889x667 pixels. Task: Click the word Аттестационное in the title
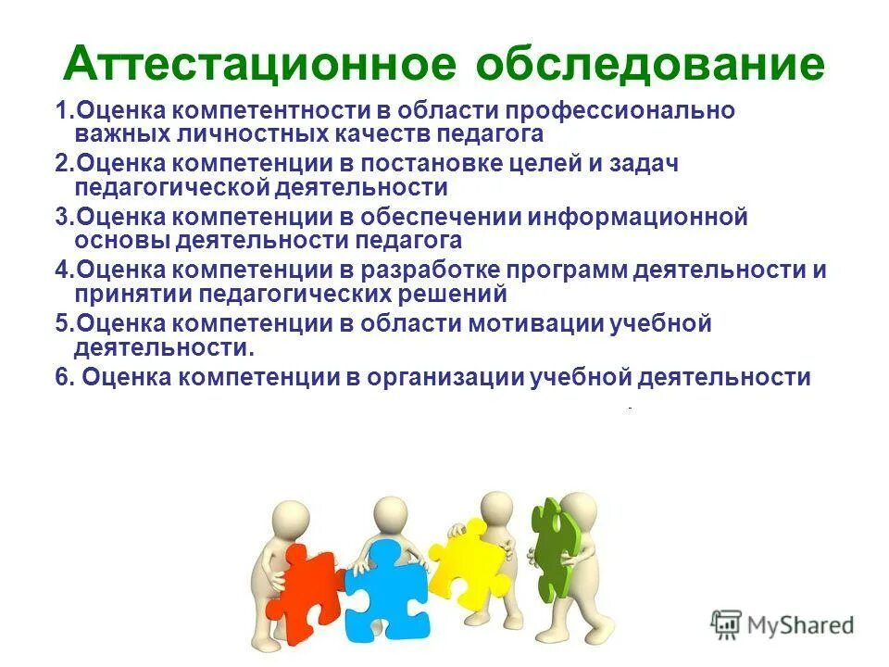[x=260, y=64]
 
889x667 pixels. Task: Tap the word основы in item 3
[x=115, y=241]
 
